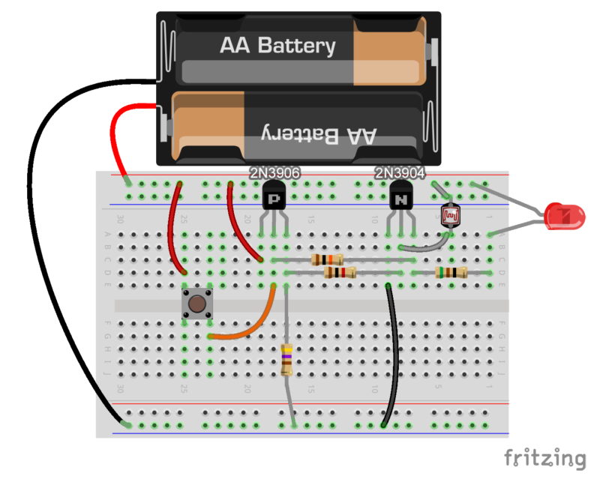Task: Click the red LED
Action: [566, 216]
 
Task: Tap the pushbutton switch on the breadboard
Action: [196, 304]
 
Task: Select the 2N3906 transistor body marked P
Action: [274, 199]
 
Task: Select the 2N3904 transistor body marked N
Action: [402, 199]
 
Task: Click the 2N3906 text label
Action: [274, 173]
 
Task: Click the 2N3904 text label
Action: [400, 173]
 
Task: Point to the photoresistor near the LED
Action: [450, 216]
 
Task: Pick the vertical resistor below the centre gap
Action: [286, 359]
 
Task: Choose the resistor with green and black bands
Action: [451, 273]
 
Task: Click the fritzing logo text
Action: [544, 457]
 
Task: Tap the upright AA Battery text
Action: [277, 46]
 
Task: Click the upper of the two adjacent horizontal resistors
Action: [328, 259]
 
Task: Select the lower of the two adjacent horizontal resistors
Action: [338, 273]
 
